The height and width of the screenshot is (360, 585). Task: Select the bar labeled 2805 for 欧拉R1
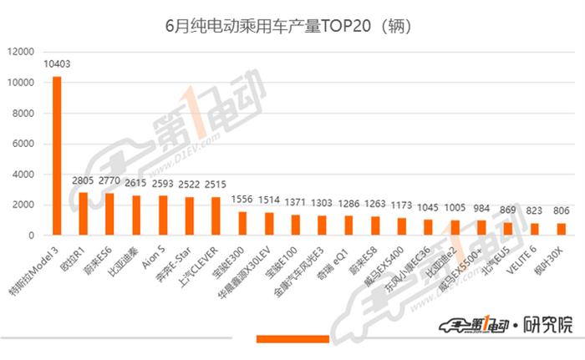click(84, 214)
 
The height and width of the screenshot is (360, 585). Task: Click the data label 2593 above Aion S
click(162, 185)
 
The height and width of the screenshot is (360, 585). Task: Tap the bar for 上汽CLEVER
click(216, 216)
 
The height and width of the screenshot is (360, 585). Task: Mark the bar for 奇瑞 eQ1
click(348, 226)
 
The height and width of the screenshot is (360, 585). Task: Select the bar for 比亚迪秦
click(136, 215)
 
